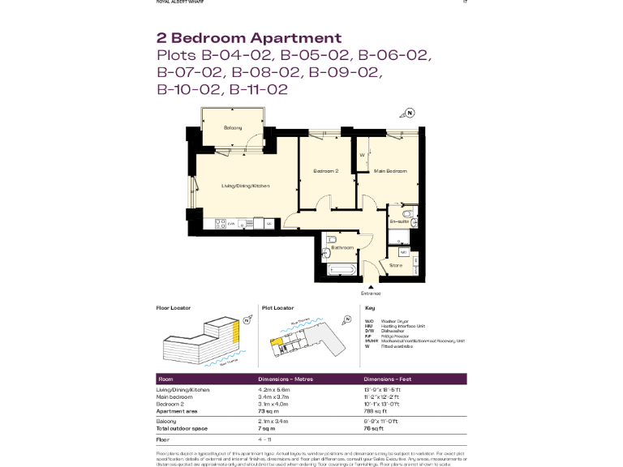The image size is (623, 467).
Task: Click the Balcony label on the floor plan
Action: pyautogui.click(x=234, y=128)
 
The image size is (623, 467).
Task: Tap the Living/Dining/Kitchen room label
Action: pyautogui.click(x=246, y=186)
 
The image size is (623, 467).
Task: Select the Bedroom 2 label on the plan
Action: pyautogui.click(x=325, y=171)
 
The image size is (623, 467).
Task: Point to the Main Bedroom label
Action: pyautogui.click(x=389, y=171)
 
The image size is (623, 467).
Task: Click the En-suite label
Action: pyautogui.click(x=397, y=221)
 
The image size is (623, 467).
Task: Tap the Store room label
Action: pyautogui.click(x=396, y=264)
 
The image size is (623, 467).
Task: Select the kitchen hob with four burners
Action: pyautogui.click(x=220, y=223)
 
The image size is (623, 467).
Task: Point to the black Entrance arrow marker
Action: pyautogui.click(x=371, y=285)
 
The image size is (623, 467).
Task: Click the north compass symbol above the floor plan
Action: pyautogui.click(x=410, y=113)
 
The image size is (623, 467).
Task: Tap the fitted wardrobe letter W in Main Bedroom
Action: pyautogui.click(x=362, y=154)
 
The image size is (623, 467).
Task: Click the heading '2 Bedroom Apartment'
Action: pyautogui.click(x=248, y=38)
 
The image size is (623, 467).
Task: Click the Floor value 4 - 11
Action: pyautogui.click(x=265, y=439)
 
